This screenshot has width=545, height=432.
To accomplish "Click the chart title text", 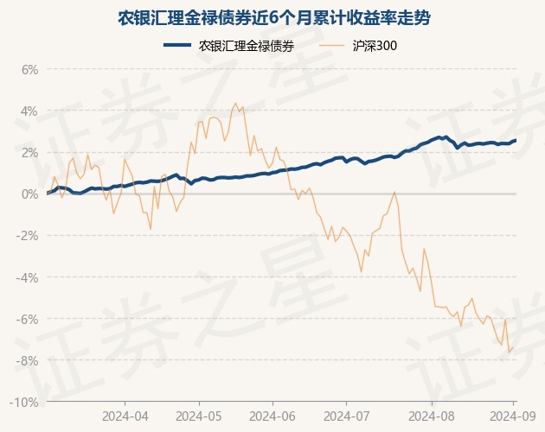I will click(272, 18).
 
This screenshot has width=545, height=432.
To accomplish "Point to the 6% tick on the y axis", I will click(29, 69).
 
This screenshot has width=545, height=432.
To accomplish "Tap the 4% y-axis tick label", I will click(29, 111).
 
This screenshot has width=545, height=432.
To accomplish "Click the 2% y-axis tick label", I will click(29, 152).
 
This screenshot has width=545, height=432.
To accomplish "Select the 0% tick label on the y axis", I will click(29, 194).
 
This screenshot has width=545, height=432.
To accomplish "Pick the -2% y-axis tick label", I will click(28, 236).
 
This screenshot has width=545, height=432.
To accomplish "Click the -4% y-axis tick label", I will click(28, 277).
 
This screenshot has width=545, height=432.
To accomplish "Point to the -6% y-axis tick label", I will click(28, 319).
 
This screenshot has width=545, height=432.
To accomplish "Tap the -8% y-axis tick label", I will click(28, 360).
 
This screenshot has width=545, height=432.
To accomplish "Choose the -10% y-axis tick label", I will click(25, 402).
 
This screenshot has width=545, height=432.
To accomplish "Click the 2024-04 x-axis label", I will click(125, 415).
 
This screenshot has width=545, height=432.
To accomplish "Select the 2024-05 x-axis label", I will click(199, 415).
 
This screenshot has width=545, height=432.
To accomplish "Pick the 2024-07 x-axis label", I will click(346, 415).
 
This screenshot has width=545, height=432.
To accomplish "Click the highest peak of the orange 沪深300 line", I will click(235, 103).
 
